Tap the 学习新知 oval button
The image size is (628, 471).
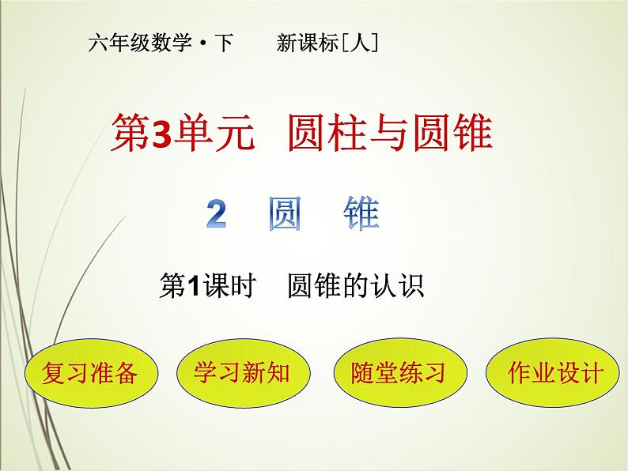coord(241,371)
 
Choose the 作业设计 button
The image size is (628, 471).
coord(544,371)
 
